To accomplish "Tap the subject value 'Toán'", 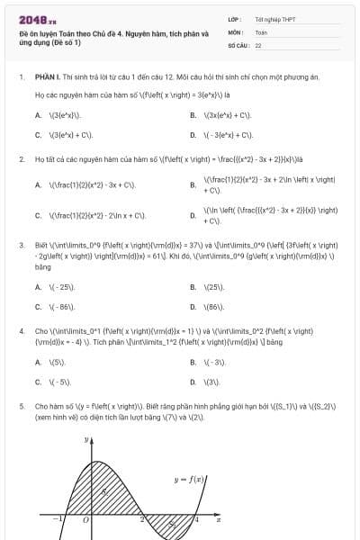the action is [261, 31].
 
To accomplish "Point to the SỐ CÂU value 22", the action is [258, 44].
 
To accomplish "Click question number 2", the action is [21, 159].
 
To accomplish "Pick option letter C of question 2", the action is [38, 216].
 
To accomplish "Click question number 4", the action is [21, 330].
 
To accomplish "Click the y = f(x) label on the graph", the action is [191, 480].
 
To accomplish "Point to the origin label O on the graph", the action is [86, 520].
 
